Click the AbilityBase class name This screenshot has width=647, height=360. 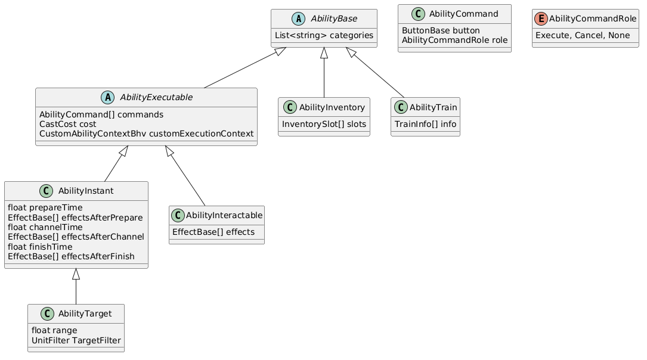tap(334, 18)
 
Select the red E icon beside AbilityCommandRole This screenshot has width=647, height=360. tap(541, 18)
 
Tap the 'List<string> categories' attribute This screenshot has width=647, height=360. tap(324, 36)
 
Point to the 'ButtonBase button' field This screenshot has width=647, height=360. tap(441, 30)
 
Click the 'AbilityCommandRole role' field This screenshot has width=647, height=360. tap(455, 40)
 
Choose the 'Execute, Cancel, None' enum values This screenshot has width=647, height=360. tap(583, 36)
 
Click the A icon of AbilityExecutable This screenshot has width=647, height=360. tap(108, 97)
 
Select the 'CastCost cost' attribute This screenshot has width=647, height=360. tap(67, 124)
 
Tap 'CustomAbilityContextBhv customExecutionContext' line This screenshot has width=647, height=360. tap(147, 134)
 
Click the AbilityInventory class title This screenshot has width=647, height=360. tap(332, 108)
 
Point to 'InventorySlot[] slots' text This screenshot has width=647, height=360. tap(324, 124)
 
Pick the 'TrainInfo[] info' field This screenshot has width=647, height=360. tap(425, 124)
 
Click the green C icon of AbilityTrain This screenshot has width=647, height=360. tap(401, 107)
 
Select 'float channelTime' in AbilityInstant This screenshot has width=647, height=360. tap(45, 227)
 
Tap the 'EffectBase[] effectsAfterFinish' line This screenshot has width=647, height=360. tap(71, 256)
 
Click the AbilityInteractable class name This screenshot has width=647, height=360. tap(224, 215)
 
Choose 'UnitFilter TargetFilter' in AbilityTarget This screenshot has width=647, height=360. tap(76, 340)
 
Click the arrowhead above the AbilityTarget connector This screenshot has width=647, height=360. tap(76, 274)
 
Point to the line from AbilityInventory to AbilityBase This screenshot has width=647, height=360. tap(324, 73)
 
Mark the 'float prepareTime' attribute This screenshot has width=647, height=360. tap(45, 207)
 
